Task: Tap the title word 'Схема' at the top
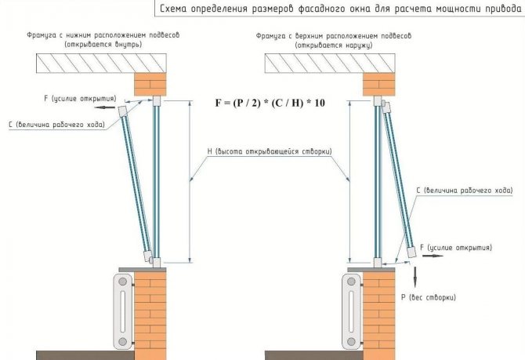[176, 9]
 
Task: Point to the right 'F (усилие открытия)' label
[455, 247]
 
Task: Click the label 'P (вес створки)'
[428, 297]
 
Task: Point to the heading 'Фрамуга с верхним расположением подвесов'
[333, 36]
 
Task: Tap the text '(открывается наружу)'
[332, 45]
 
